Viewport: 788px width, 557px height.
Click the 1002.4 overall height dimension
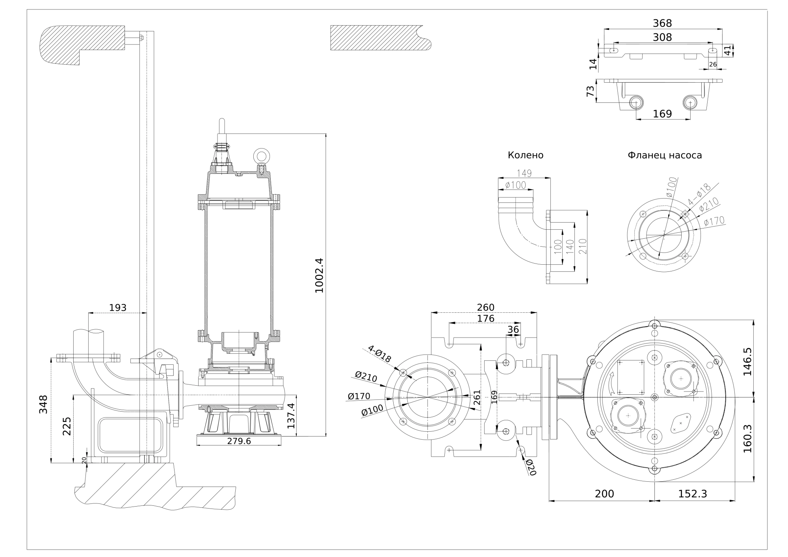tap(319, 275)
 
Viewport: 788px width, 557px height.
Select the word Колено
tap(525, 155)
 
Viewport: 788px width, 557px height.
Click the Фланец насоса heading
tap(665, 155)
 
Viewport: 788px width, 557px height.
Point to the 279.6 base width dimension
tap(239, 441)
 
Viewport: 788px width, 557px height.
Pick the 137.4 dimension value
tap(291, 416)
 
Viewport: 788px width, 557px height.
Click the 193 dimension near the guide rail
tap(117, 307)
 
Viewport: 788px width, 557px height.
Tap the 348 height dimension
tap(43, 404)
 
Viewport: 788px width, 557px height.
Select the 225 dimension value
tap(67, 426)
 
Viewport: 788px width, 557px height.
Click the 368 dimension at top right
tap(662, 23)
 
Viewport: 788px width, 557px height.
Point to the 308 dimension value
tap(662, 37)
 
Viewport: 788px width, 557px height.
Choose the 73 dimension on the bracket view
tap(590, 91)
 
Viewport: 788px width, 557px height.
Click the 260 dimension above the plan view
tap(485, 307)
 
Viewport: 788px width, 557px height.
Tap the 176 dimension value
tap(485, 318)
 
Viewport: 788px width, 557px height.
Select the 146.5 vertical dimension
tap(747, 361)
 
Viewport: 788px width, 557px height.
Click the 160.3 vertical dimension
tap(747, 438)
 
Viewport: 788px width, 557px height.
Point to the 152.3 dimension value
tap(693, 494)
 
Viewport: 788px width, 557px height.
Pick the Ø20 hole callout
tap(530, 467)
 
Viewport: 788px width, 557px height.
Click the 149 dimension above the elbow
tap(524, 173)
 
